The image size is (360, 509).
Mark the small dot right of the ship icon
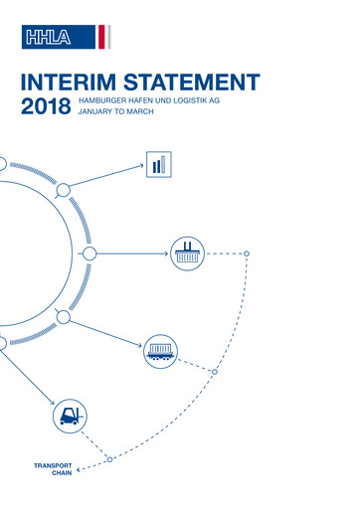[247, 253]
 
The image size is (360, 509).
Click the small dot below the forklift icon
[110, 458]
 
